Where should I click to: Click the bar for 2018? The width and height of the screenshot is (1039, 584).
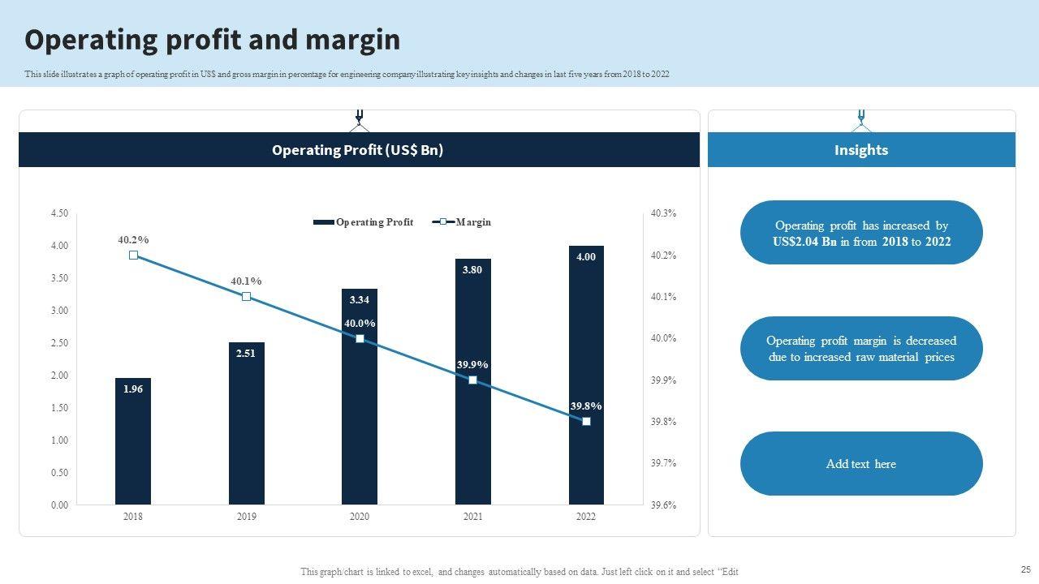coord(133,441)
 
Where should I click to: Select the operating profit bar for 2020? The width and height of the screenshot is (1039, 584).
coord(360,406)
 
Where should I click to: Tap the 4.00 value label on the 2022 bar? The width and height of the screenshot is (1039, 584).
coord(586,257)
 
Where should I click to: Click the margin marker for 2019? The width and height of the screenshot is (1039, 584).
coord(247,297)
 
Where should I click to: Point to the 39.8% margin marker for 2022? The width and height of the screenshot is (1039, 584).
coord(586,422)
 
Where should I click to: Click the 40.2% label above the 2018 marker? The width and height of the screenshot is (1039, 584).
coord(133,240)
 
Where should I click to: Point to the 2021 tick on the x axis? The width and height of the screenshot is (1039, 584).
coord(472,517)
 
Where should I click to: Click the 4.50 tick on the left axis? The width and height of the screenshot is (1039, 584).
coord(59,213)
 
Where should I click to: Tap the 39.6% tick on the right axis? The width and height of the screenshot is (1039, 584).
coord(663,505)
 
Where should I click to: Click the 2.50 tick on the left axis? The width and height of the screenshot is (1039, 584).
coord(59,343)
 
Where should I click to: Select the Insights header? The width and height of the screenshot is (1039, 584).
coord(861,150)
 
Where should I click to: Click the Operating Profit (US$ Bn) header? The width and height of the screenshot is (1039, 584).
coord(358,150)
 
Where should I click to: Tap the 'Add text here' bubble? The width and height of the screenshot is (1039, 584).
coord(861,464)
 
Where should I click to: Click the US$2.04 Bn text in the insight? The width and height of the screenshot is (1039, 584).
coord(804,242)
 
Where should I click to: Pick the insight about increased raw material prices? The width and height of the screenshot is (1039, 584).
coord(861,349)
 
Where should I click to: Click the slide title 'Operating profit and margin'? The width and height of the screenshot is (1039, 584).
coord(213,40)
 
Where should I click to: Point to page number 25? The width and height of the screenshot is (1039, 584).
coord(1024,569)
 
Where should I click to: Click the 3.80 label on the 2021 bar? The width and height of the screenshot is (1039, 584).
coord(472,270)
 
